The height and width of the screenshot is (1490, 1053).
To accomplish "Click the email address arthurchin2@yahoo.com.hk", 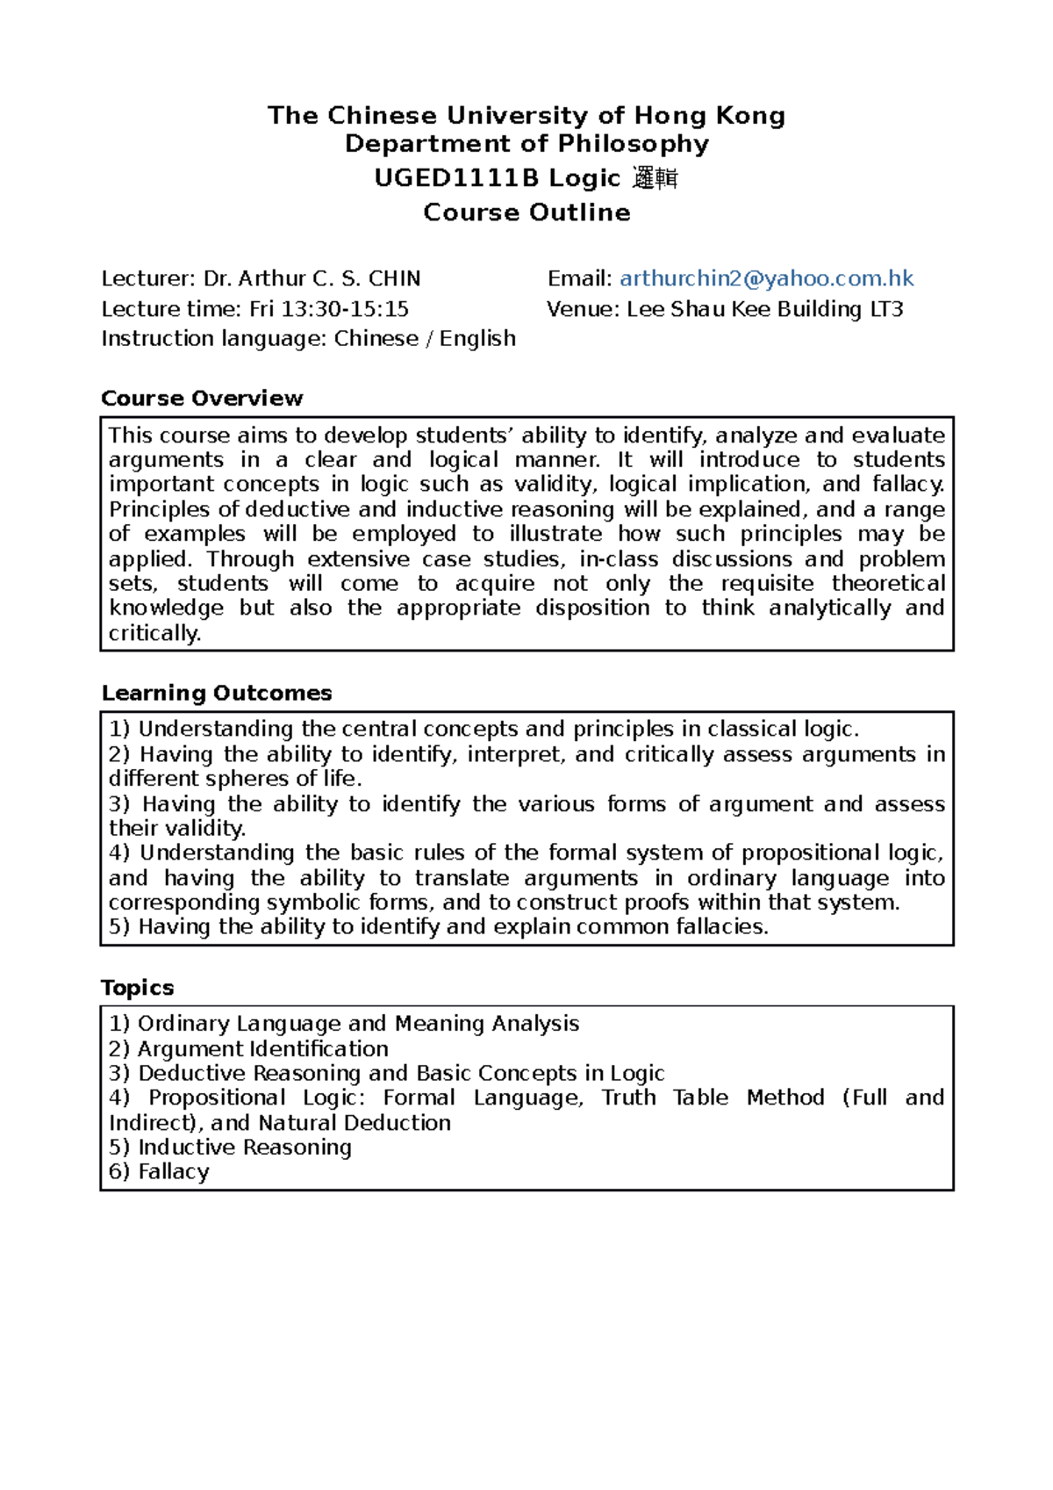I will (766, 278).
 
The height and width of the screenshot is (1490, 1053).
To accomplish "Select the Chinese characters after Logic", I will (655, 179).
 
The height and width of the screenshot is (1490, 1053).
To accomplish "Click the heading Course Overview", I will (202, 398).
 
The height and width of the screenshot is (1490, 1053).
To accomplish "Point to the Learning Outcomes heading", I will (217, 693).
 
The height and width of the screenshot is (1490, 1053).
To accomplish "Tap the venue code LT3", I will (886, 309).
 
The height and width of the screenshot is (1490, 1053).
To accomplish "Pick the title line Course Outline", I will (526, 212).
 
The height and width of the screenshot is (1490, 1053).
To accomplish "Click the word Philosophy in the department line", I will (634, 144).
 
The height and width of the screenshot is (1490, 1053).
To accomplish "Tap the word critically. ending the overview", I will (154, 633).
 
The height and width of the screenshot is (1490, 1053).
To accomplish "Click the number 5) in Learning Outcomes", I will (119, 926).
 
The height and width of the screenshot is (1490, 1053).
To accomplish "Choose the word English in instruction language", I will (477, 339).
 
